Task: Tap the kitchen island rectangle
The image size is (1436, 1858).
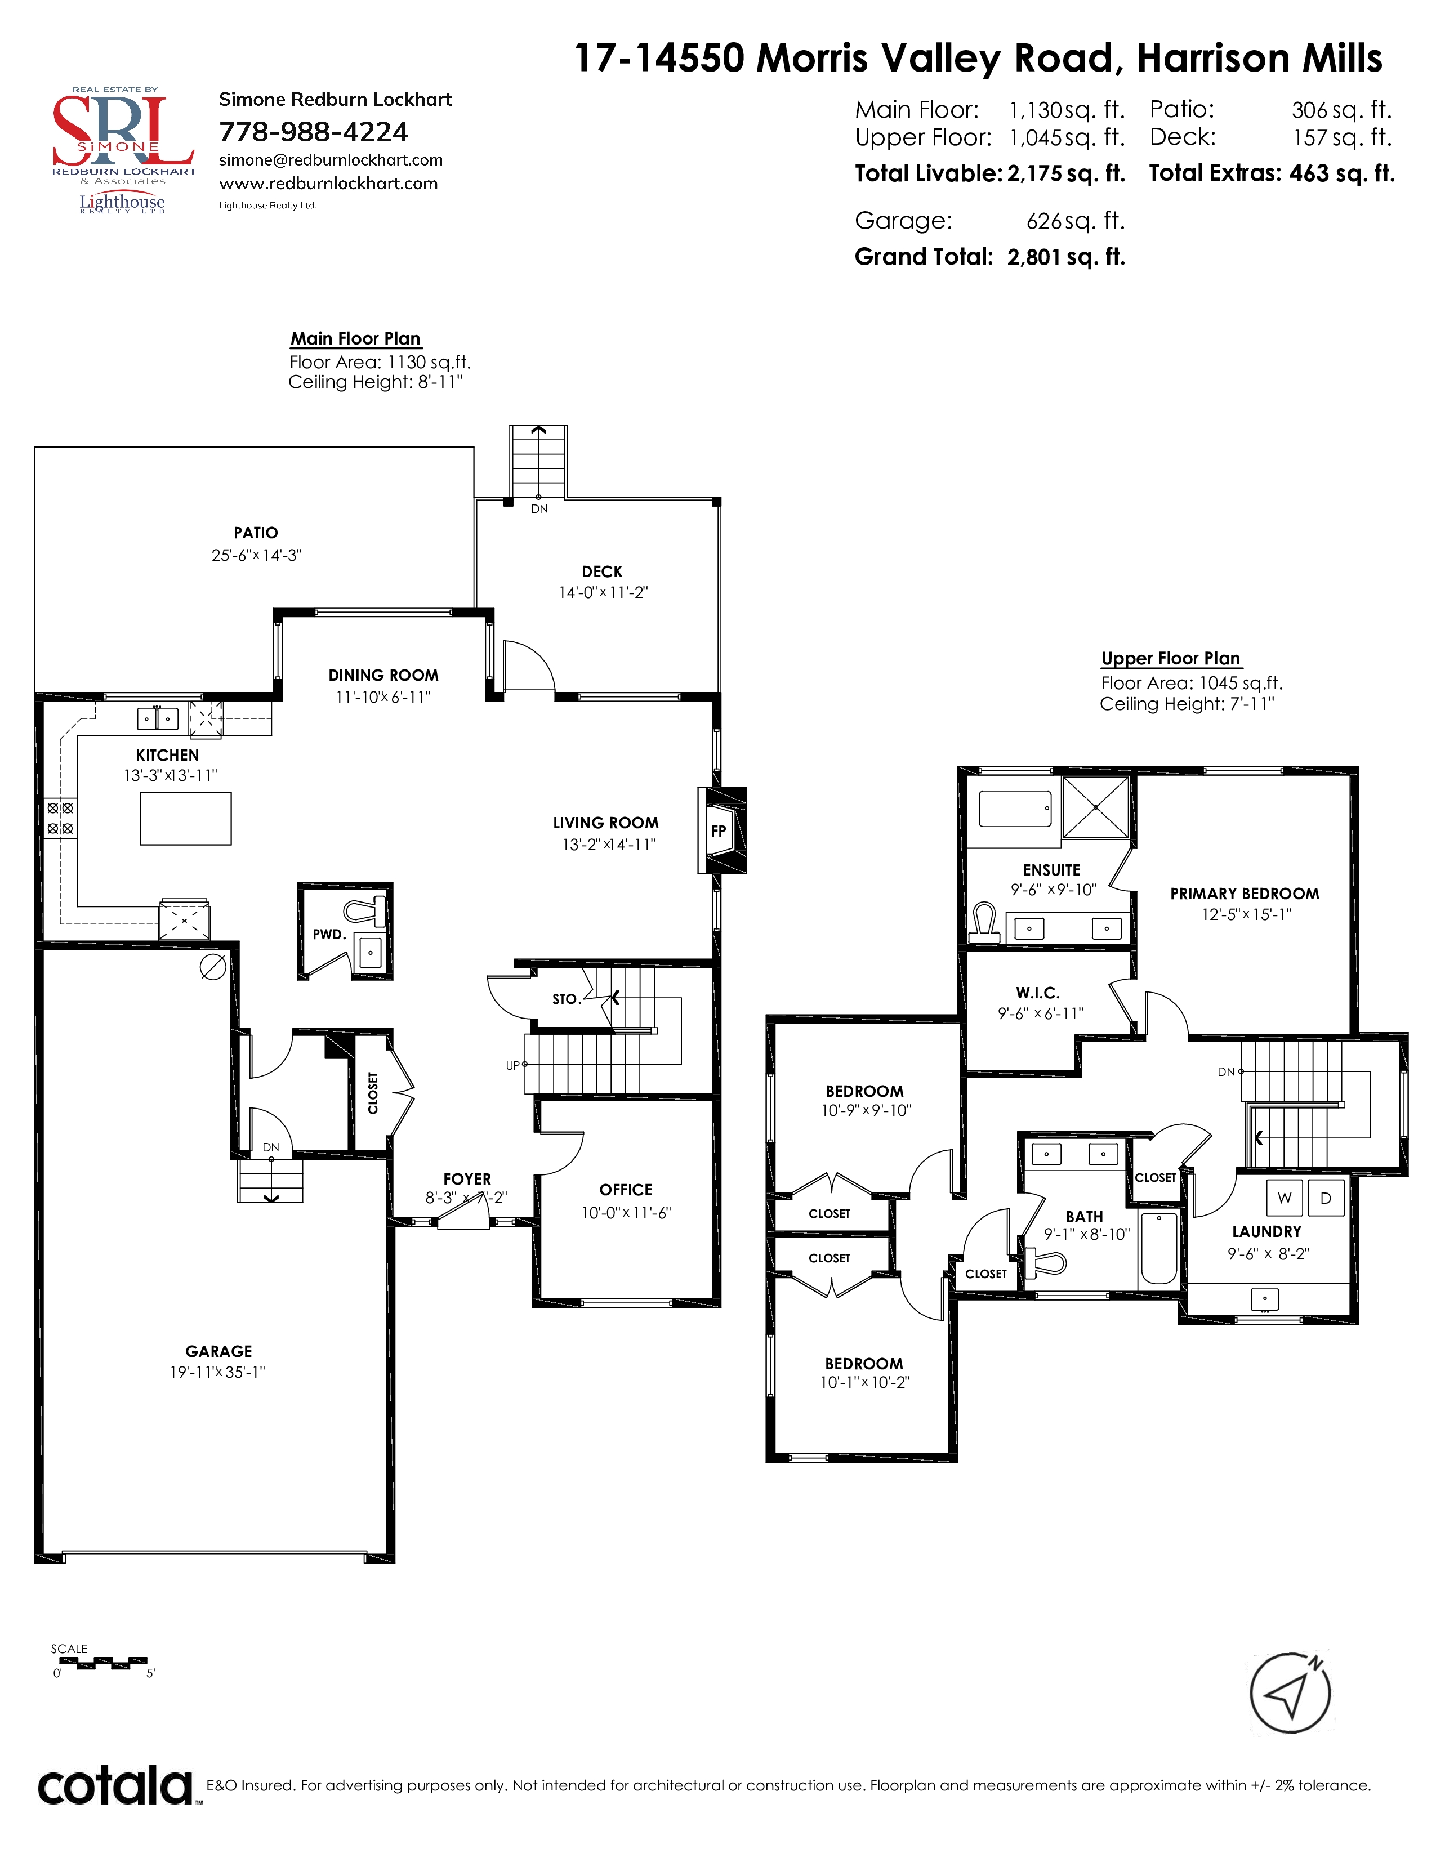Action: (x=185, y=819)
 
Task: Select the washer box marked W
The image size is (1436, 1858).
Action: (x=1285, y=1198)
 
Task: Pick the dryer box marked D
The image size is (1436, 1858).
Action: (x=1326, y=1198)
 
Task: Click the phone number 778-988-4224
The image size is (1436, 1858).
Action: (x=313, y=132)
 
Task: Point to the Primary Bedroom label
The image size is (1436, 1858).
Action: (x=1245, y=894)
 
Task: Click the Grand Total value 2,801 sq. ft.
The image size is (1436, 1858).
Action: (x=1066, y=257)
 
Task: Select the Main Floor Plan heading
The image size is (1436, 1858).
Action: (x=355, y=338)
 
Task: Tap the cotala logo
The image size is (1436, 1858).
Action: (x=115, y=1786)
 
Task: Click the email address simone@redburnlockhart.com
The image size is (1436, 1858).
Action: (x=331, y=160)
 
